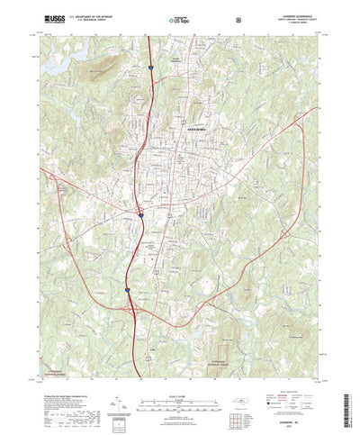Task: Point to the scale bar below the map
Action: pyautogui.click(x=180, y=375)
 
